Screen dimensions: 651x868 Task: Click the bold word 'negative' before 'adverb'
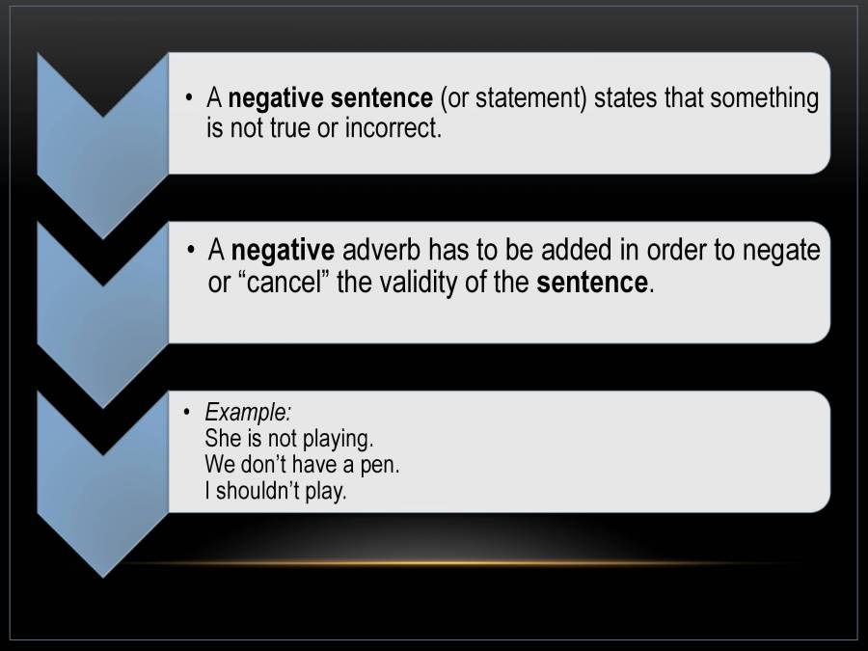(x=283, y=251)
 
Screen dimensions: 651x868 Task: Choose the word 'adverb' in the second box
(x=382, y=251)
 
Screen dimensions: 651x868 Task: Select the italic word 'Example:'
(x=247, y=412)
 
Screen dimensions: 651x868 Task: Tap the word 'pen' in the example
(x=381, y=464)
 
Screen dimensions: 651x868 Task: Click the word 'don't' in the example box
(x=264, y=464)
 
